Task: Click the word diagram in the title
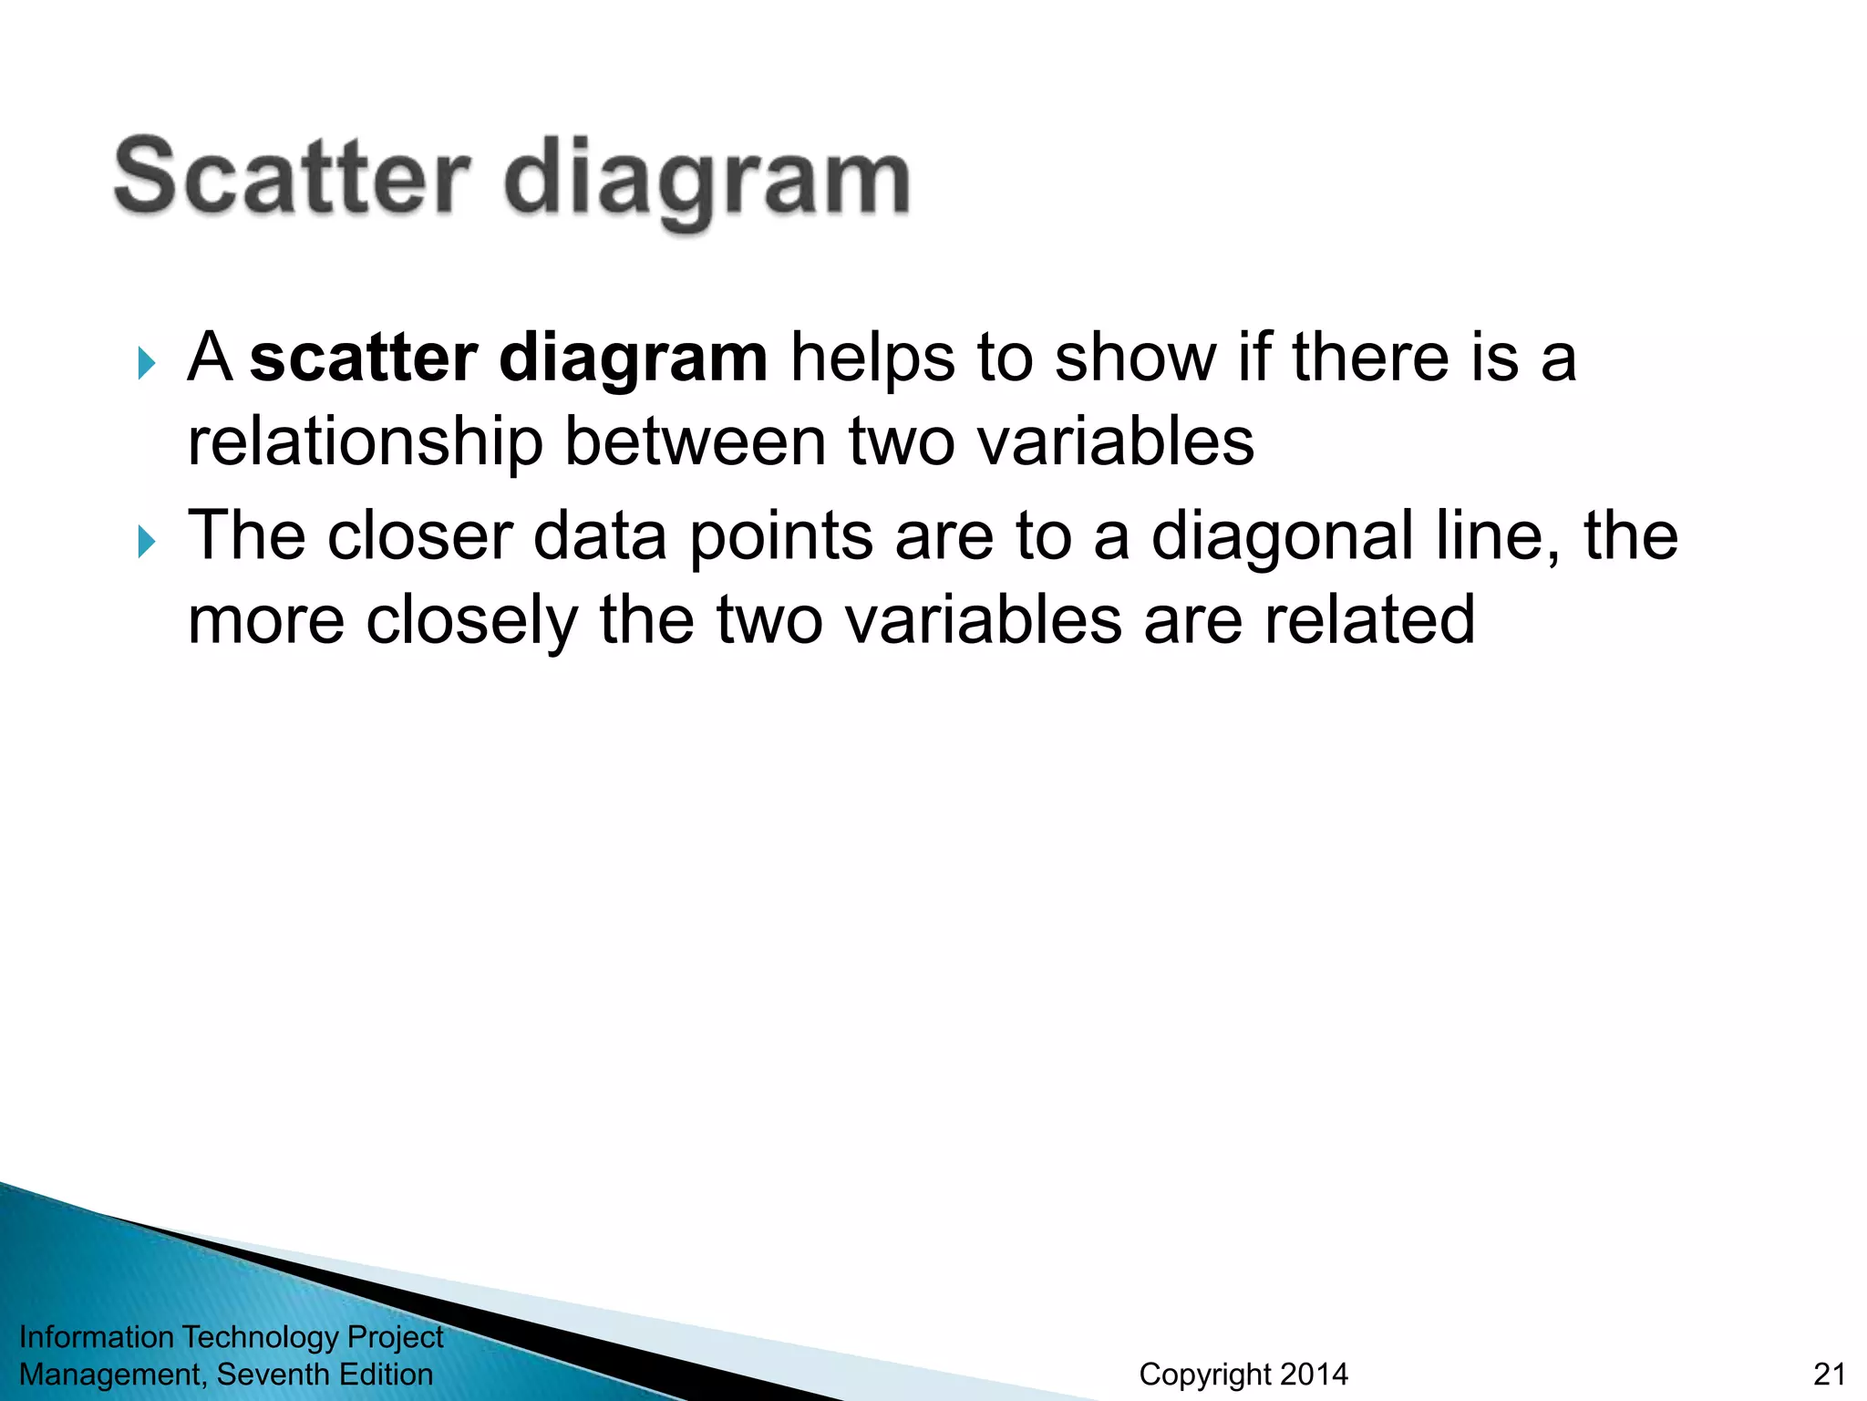[707, 182]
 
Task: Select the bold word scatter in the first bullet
[363, 358]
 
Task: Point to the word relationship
[365, 442]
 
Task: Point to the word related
[1368, 620]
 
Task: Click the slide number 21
[1829, 1374]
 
